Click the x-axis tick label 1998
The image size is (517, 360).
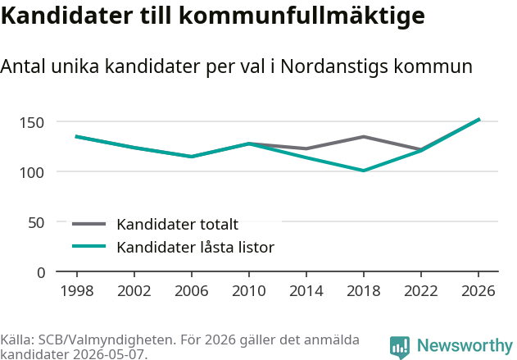click(77, 291)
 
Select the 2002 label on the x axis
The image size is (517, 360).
click(134, 291)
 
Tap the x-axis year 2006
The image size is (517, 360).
click(192, 291)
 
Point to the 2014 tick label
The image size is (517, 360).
click(306, 291)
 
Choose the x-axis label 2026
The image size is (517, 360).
click(478, 291)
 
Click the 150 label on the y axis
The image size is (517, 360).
click(32, 123)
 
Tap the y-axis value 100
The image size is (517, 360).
click(32, 173)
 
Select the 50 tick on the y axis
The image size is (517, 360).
click(36, 223)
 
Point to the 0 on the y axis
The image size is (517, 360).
click(41, 273)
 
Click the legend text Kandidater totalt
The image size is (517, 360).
click(178, 225)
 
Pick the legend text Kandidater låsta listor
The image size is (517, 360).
click(196, 247)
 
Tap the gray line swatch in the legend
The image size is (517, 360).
click(89, 224)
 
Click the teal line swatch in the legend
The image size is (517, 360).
click(89, 246)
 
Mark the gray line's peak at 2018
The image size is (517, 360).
click(363, 137)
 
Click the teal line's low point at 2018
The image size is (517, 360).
click(363, 171)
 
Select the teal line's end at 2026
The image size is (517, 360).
click(479, 120)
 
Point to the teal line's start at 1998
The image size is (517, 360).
click(76, 137)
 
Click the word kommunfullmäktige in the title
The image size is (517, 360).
click(302, 16)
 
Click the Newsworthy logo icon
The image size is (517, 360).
click(400, 347)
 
